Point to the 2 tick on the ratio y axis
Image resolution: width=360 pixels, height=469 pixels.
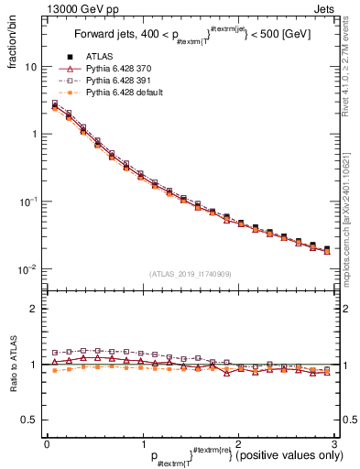pyautogui.click(x=35, y=309)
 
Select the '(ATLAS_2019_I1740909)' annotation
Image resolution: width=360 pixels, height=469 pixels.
pyautogui.click(x=191, y=274)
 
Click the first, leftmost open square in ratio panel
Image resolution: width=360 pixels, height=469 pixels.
pyautogui.click(x=55, y=353)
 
